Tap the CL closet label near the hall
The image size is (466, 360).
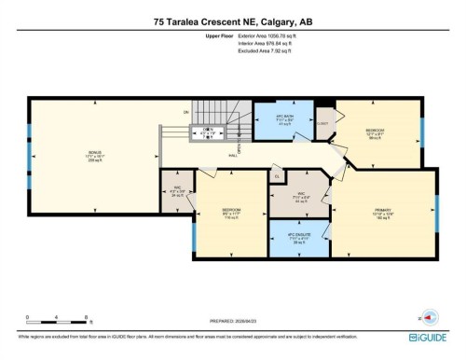[x=277, y=175]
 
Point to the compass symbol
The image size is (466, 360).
[x=428, y=316]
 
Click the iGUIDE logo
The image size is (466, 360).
[x=430, y=335]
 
